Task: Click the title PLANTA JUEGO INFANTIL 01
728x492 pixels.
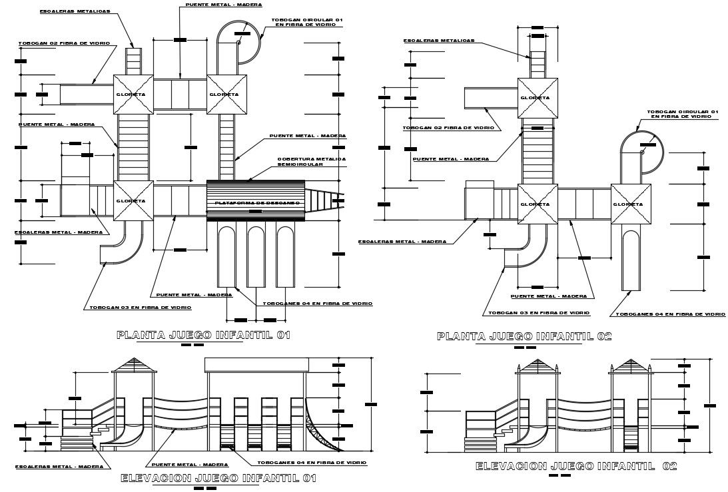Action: pyautogui.click(x=203, y=335)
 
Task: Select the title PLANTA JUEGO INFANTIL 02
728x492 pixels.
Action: pyautogui.click(x=524, y=336)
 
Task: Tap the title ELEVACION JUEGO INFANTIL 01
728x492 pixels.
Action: pyautogui.click(x=218, y=478)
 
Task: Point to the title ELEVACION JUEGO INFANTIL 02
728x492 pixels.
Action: pyautogui.click(x=575, y=467)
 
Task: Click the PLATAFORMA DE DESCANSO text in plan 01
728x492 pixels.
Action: pyautogui.click(x=255, y=202)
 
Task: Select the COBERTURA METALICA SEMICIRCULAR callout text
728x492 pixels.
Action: pyautogui.click(x=311, y=161)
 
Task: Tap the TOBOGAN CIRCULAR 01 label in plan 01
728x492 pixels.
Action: pyautogui.click(x=306, y=23)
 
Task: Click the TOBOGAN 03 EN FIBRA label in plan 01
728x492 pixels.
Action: pyautogui.click(x=141, y=308)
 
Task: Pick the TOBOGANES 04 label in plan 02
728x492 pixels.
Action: pyautogui.click(x=670, y=314)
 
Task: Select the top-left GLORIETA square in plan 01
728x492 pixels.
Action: pyautogui.click(x=133, y=94)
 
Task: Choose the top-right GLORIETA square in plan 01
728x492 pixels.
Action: pyautogui.click(x=226, y=94)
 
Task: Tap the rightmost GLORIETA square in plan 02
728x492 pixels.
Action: pyautogui.click(x=630, y=204)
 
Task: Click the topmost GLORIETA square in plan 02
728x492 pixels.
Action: pyautogui.click(x=538, y=97)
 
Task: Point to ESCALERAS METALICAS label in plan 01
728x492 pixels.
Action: pyautogui.click(x=75, y=11)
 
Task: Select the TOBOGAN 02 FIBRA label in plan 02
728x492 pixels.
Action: pyautogui.click(x=448, y=127)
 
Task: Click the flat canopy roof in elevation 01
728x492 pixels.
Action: pyautogui.click(x=256, y=365)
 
